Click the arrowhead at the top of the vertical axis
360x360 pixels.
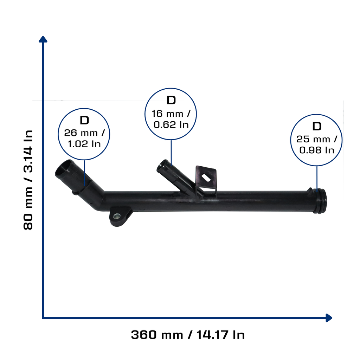(43, 39)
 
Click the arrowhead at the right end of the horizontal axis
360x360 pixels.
(329, 318)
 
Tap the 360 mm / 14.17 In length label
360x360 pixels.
(188, 335)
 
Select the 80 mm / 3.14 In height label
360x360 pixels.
(28, 180)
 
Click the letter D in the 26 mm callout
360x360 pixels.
(84, 120)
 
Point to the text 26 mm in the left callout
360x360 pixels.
(81, 133)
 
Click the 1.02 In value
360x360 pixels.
(84, 144)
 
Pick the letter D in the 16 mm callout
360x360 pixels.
(171, 100)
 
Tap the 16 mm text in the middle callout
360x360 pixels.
(167, 114)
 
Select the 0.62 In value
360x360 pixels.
(171, 125)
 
